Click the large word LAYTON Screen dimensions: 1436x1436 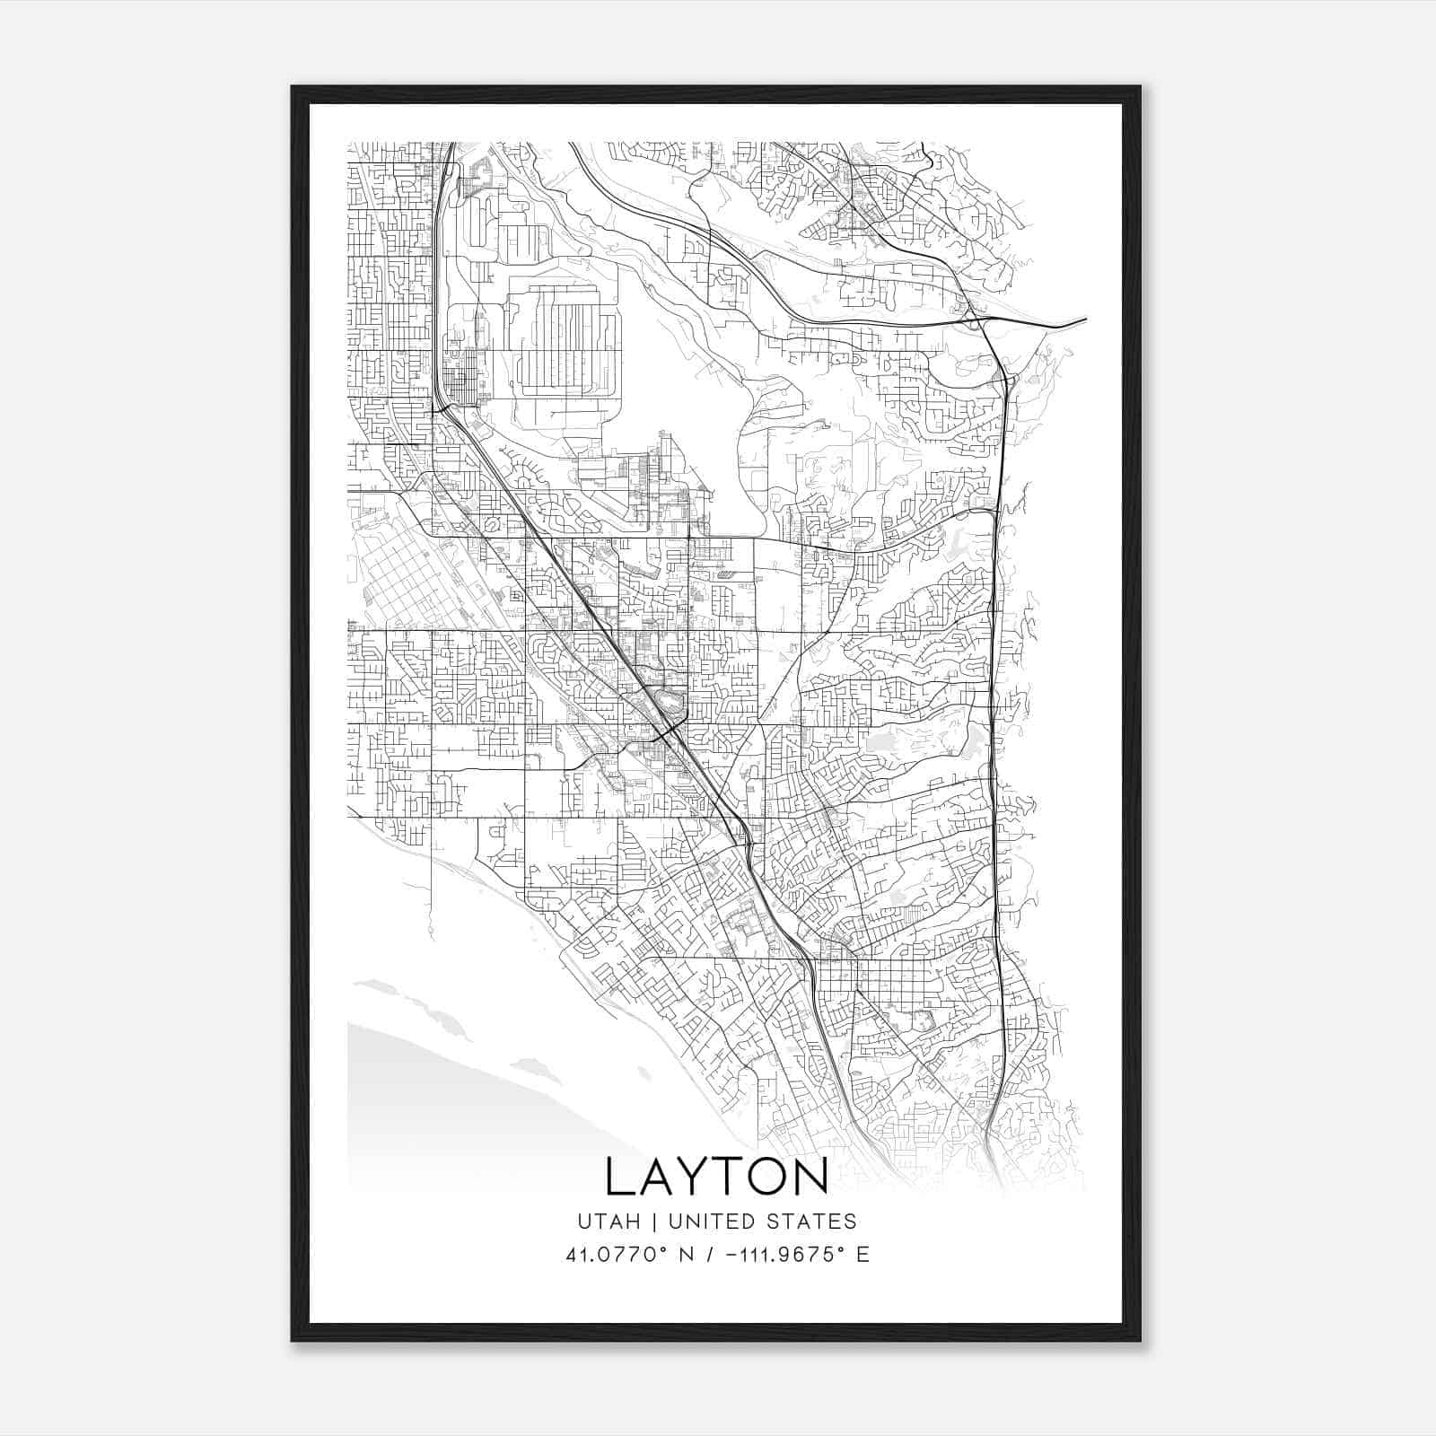(716, 1177)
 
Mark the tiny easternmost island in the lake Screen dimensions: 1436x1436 (644, 1073)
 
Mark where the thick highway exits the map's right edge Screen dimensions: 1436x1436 (1084, 319)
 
